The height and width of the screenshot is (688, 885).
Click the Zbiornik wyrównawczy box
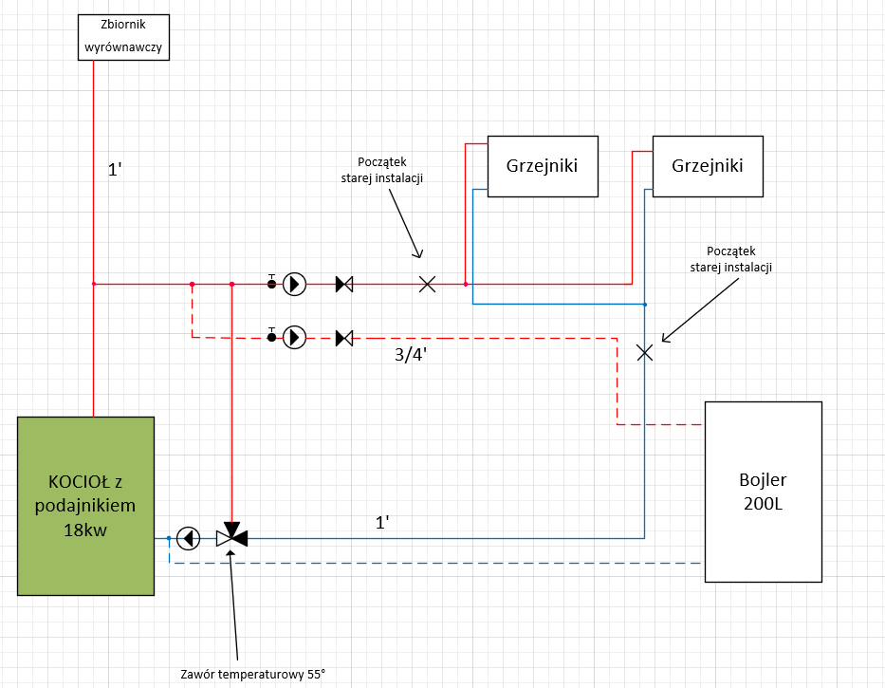coord(123,37)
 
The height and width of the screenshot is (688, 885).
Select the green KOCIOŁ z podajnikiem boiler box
coord(85,506)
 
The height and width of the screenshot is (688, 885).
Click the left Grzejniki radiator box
coord(543,166)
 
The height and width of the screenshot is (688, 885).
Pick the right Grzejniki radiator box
coord(707,166)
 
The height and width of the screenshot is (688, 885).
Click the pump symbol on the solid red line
coord(295,284)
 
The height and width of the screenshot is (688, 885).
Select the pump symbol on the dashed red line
coord(295,337)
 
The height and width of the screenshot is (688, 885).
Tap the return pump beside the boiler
coord(189,538)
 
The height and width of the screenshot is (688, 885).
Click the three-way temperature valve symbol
coord(231,536)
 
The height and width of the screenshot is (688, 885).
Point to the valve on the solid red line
coord(344,284)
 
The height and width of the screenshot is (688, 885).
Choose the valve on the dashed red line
coord(344,337)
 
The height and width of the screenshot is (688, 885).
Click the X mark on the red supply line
coord(428,284)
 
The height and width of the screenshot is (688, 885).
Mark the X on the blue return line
coord(645,352)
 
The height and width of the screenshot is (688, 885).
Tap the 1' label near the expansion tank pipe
coord(116,171)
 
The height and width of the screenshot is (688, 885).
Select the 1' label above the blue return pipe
coord(383,522)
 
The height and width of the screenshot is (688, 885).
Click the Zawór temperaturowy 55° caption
coord(253,675)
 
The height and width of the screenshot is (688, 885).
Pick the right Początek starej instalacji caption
coord(730,260)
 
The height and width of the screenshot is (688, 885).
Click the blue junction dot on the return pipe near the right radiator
coord(645,305)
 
